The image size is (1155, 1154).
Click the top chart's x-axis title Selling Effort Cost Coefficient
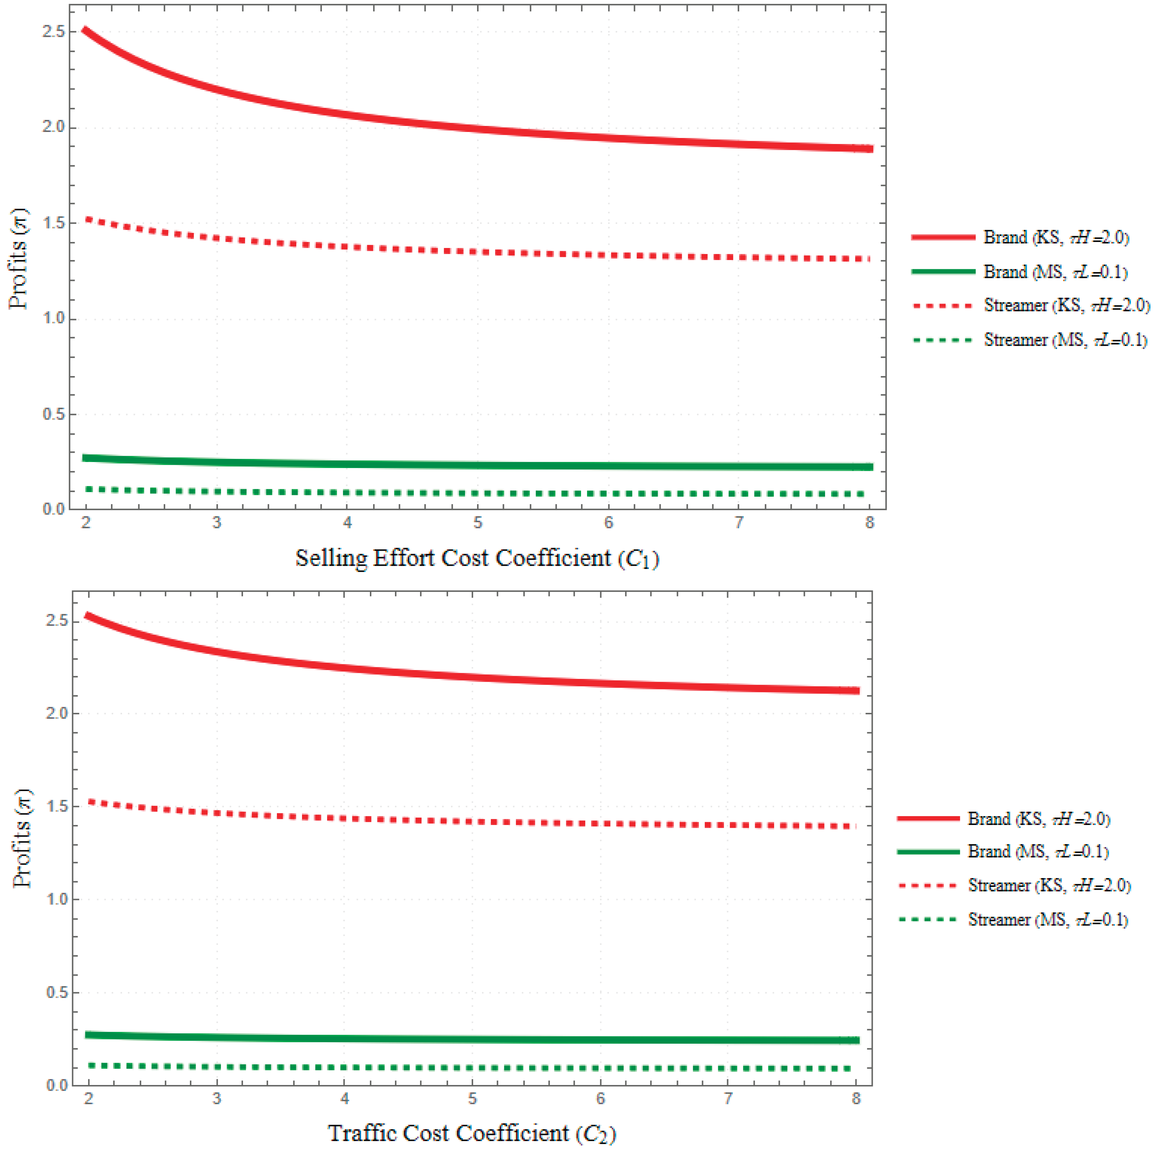click(x=476, y=559)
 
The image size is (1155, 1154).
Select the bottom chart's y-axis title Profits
click(x=22, y=838)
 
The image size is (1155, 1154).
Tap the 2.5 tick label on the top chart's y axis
click(x=54, y=32)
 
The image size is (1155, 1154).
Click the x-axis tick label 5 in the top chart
click(x=478, y=523)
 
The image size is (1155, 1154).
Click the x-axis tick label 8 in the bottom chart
click(x=856, y=1098)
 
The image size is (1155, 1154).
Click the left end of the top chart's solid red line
click(x=86, y=30)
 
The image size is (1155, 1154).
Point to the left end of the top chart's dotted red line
click(x=87, y=219)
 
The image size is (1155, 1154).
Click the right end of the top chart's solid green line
click(x=871, y=467)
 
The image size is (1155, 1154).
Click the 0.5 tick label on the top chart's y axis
click(x=54, y=414)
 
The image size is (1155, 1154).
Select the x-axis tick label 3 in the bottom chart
click(x=216, y=1098)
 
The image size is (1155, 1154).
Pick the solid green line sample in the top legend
click(x=943, y=271)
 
